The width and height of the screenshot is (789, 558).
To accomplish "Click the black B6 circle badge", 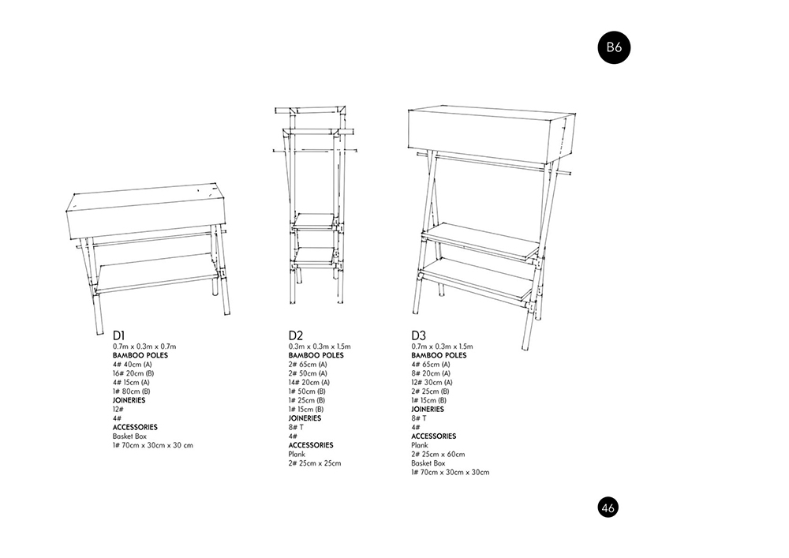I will [x=614, y=47].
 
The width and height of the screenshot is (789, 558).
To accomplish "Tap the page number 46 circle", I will [x=608, y=507].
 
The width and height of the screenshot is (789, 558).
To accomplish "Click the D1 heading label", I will [x=120, y=335].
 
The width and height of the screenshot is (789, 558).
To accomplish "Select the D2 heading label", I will [x=296, y=335].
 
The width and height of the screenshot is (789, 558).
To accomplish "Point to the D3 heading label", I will [x=419, y=335].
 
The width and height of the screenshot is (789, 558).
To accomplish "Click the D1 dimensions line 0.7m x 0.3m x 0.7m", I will [x=144, y=346].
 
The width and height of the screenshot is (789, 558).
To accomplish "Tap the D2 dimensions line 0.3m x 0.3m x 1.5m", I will [x=320, y=346].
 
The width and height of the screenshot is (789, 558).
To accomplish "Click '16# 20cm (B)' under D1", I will [x=133, y=373].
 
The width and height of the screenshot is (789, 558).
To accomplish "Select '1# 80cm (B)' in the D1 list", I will [x=131, y=391].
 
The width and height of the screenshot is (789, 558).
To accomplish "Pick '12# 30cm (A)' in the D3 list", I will [x=432, y=382].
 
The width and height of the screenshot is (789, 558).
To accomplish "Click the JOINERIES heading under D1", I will [x=130, y=400].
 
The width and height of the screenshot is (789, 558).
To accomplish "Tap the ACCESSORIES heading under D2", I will [x=310, y=445].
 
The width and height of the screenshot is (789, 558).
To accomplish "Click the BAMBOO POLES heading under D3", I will [x=439, y=355].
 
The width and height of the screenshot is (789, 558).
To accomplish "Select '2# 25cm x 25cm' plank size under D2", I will [x=315, y=463].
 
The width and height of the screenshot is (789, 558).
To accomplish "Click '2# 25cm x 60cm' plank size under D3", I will [x=438, y=454].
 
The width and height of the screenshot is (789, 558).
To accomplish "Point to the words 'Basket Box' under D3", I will [x=428, y=463].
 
